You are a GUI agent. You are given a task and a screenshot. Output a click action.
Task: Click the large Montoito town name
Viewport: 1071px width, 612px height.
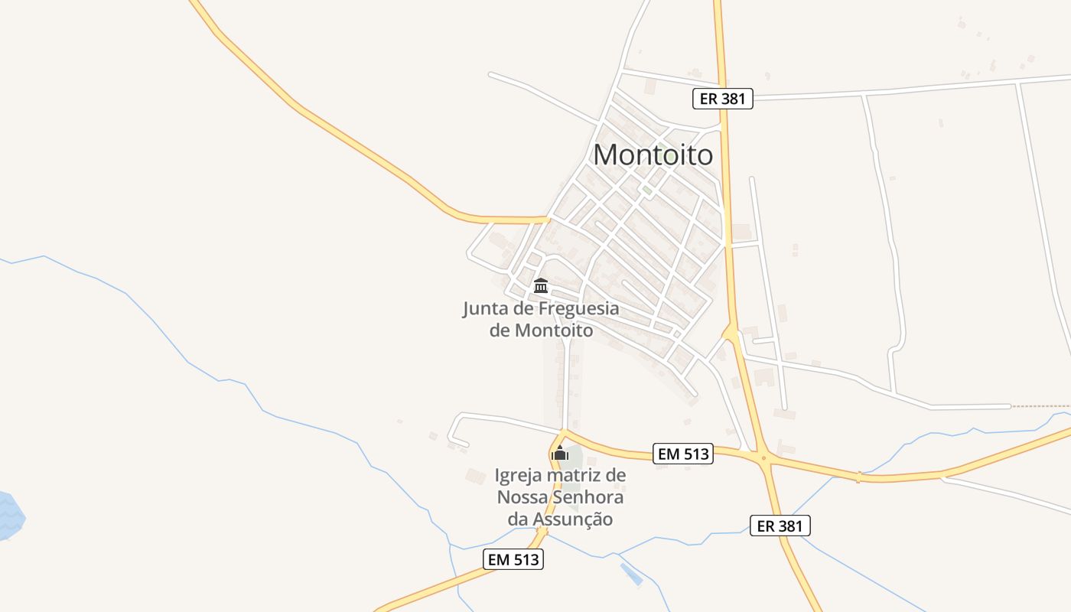pyautogui.click(x=653, y=155)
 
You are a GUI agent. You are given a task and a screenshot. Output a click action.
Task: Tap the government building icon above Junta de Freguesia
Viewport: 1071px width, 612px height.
pyautogui.click(x=541, y=286)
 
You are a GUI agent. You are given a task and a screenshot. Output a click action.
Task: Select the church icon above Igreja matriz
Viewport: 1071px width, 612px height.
pyautogui.click(x=560, y=453)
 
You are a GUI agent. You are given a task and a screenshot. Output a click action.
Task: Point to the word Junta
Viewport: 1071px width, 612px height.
pyautogui.click(x=487, y=310)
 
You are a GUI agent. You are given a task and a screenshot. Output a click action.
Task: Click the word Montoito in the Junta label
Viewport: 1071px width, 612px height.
pyautogui.click(x=553, y=330)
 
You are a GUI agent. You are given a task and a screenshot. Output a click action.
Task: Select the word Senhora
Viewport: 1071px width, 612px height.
pyautogui.click(x=590, y=497)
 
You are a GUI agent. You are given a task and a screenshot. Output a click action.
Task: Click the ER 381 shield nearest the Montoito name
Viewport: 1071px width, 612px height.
pyautogui.click(x=723, y=99)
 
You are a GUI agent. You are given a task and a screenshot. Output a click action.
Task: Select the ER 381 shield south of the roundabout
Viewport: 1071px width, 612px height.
pyautogui.click(x=780, y=526)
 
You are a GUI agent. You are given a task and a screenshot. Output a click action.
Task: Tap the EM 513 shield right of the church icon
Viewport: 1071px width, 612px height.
pyautogui.click(x=684, y=454)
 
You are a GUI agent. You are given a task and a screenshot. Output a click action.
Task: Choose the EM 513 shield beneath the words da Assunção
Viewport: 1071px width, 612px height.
pyautogui.click(x=514, y=559)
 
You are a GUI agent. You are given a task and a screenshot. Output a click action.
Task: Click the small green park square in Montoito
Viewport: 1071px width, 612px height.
pyautogui.click(x=647, y=190)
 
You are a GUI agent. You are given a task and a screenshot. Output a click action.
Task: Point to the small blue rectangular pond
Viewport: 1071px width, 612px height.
pyautogui.click(x=631, y=574)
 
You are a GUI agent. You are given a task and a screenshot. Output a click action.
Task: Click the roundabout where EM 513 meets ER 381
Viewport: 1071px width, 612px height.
pyautogui.click(x=763, y=458)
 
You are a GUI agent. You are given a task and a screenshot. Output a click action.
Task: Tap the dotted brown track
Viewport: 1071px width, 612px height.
pyautogui.click(x=1040, y=406)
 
